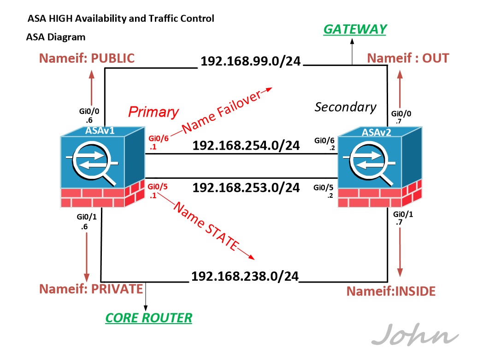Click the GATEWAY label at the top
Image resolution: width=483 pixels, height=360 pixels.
click(354, 30)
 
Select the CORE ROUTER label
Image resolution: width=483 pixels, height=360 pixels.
click(148, 318)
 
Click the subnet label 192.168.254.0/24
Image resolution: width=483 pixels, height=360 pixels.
click(246, 146)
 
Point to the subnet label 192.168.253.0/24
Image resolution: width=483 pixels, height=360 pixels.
click(246, 188)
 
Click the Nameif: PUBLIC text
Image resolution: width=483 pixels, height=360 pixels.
click(87, 59)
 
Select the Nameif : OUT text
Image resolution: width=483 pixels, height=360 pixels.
click(407, 59)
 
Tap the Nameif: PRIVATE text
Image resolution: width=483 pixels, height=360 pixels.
click(91, 289)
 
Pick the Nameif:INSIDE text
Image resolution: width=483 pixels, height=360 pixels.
click(391, 291)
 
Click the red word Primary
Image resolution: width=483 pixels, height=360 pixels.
click(153, 112)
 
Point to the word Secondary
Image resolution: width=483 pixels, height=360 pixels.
click(345, 107)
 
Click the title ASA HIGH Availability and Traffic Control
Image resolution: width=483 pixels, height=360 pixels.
click(121, 19)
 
